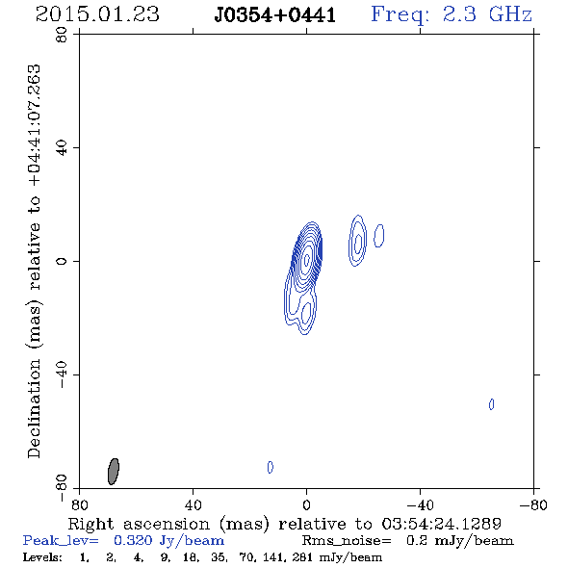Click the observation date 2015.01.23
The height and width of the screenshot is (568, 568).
point(97,14)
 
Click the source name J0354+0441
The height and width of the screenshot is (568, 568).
point(275,15)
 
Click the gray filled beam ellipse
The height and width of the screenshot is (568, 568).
point(114,472)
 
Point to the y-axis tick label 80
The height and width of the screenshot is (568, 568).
point(62,35)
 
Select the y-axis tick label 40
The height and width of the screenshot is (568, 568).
point(62,148)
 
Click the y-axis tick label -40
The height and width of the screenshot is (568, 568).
point(62,374)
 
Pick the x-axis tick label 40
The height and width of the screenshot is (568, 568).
point(193,505)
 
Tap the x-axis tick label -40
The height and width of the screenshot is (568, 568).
point(420,505)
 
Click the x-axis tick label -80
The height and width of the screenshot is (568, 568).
point(533,505)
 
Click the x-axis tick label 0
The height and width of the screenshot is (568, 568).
point(306,505)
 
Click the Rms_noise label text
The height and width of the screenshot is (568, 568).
point(347,541)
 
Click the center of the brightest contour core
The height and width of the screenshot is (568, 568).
point(307,259)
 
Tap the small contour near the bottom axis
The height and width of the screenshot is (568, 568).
point(271,467)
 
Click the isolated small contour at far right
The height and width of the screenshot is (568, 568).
point(491,404)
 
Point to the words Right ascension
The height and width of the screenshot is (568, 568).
point(139,524)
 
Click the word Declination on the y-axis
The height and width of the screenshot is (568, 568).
point(34,408)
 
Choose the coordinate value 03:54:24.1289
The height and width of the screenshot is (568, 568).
point(442,524)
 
